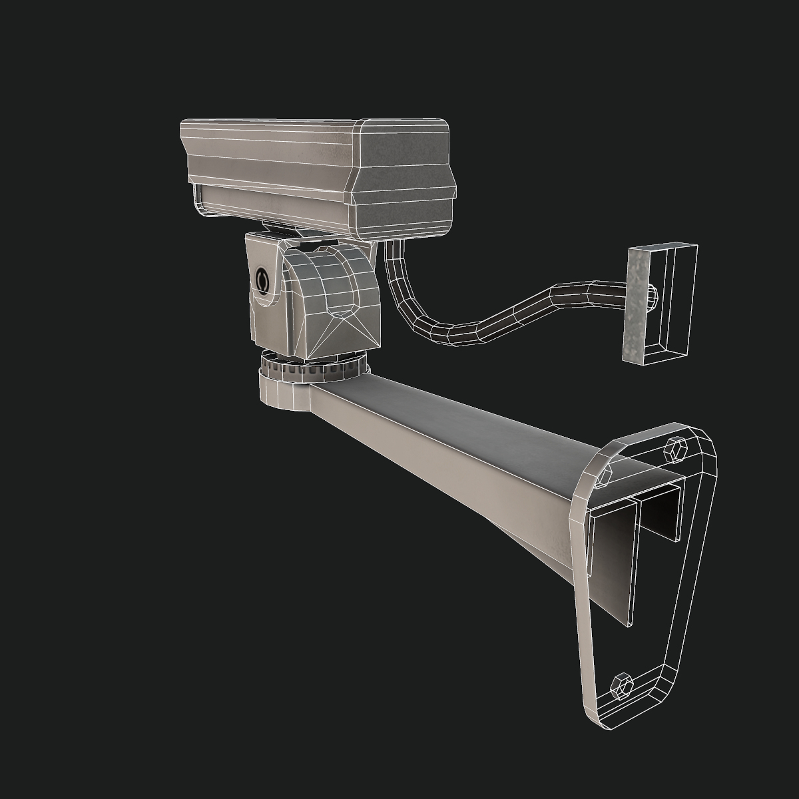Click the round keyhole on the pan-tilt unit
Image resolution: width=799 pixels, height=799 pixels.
click(x=262, y=280)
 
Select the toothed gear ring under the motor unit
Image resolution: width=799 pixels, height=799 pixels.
click(x=313, y=368)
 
